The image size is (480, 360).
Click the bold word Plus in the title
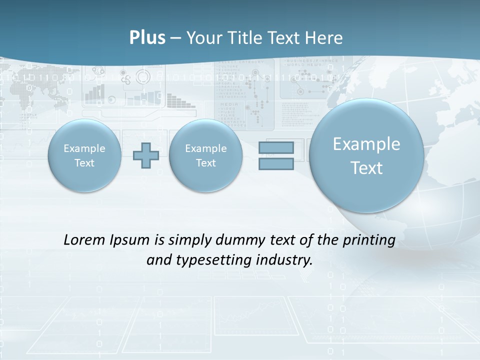tap(147, 38)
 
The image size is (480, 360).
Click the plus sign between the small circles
tap(146, 155)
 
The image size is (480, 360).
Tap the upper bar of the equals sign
tap(276, 147)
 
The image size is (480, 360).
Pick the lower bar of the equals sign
tap(276, 163)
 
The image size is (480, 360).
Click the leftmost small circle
tap(84, 155)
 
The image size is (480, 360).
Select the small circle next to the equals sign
tap(205, 155)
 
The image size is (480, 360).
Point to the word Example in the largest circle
tap(366, 144)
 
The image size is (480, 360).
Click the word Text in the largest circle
tap(366, 168)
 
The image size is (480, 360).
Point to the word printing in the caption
tap(370, 240)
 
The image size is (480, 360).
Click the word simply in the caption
tap(189, 240)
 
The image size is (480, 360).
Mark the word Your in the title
tap(203, 38)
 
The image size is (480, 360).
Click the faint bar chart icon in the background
tap(94, 92)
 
